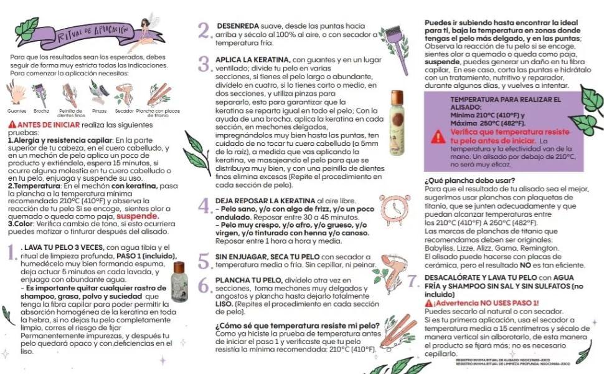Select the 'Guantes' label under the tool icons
(17, 110)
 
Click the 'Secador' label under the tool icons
(125, 110)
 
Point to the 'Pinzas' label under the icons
(99, 110)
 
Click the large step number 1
(11, 252)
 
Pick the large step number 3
(204, 64)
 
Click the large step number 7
(412, 282)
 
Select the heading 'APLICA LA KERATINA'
(252, 59)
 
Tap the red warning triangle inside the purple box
(438, 137)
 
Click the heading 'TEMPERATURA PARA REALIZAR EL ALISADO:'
(505, 103)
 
